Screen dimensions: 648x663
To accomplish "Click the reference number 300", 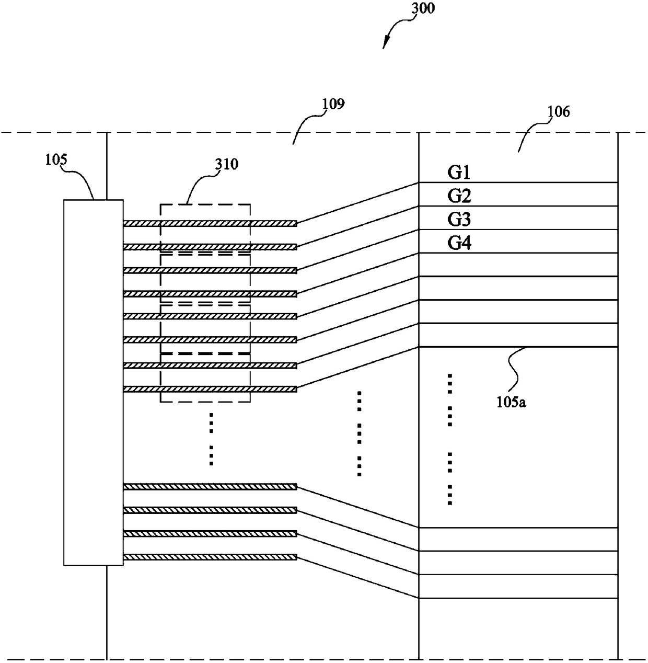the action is (x=423, y=8).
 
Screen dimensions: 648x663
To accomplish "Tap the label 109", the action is (x=333, y=104).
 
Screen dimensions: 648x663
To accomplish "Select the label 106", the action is (x=559, y=112).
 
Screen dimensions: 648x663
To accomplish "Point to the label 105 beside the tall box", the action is (x=56, y=159).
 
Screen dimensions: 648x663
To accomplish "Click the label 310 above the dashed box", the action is (x=227, y=164).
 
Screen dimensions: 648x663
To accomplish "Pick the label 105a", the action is (x=511, y=403).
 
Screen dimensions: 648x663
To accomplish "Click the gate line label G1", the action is (x=459, y=173).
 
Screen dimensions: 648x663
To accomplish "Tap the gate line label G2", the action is (x=459, y=196).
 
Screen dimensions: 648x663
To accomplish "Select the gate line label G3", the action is (x=459, y=220).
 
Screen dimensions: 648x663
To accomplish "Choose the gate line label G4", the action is (x=459, y=243).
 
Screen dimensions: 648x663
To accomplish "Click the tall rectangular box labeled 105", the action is (x=94, y=383).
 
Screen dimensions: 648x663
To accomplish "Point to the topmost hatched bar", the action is (x=210, y=223).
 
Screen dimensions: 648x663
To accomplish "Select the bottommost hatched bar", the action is (x=210, y=557).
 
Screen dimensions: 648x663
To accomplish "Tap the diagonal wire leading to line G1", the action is (x=358, y=203).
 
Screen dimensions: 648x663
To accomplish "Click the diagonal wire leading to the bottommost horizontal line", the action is (x=358, y=578).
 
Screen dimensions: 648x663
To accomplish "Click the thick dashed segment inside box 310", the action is (x=205, y=353).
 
